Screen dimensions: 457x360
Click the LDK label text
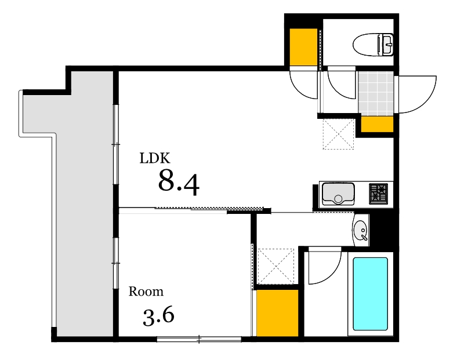click(154, 158)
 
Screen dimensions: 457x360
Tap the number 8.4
click(179, 182)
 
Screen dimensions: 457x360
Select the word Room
click(146, 291)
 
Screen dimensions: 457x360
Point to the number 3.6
click(158, 316)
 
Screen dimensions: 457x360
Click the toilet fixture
click(373, 45)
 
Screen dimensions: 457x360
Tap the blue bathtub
click(370, 293)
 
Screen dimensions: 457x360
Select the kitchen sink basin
click(338, 194)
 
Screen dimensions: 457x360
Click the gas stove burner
click(378, 194)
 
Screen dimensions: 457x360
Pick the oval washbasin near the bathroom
click(361, 230)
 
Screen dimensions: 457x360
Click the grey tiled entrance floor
click(376, 94)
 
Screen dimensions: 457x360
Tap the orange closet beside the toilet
click(303, 47)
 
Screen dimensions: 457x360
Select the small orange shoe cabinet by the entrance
click(377, 125)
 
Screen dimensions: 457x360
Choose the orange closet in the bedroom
click(277, 313)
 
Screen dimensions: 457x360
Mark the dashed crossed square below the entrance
click(338, 134)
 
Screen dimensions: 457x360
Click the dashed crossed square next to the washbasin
click(275, 266)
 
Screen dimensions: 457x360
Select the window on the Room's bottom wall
click(200, 339)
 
